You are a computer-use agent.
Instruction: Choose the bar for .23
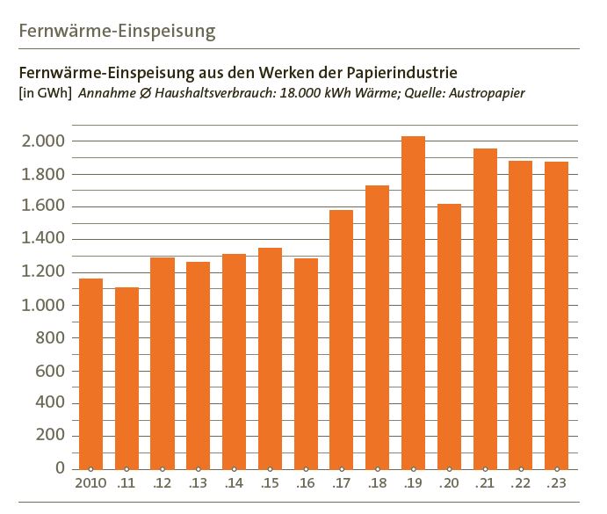(x=556, y=315)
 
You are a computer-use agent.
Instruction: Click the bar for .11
(x=126, y=378)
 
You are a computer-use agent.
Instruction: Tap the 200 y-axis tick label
(x=49, y=437)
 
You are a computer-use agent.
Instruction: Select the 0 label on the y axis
(x=60, y=469)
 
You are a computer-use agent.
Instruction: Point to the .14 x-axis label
(x=234, y=483)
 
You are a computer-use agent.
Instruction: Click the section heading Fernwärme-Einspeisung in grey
(x=117, y=33)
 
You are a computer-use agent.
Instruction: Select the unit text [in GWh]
(x=44, y=92)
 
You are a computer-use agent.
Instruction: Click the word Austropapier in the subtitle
(x=488, y=92)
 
